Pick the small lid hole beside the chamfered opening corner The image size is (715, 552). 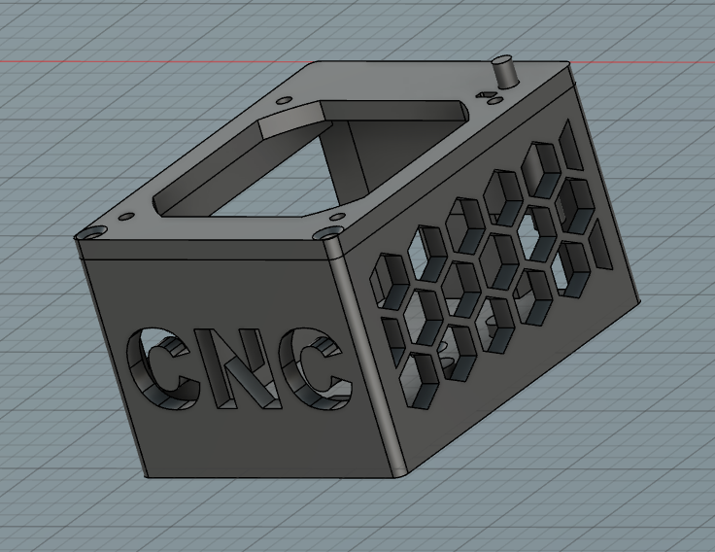coord(283,100)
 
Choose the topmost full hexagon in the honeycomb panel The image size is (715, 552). coord(542,163)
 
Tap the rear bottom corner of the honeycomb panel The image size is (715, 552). coord(641,301)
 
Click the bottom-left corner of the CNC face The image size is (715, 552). coord(146,477)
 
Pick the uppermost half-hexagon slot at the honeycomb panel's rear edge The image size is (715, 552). coord(574,144)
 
